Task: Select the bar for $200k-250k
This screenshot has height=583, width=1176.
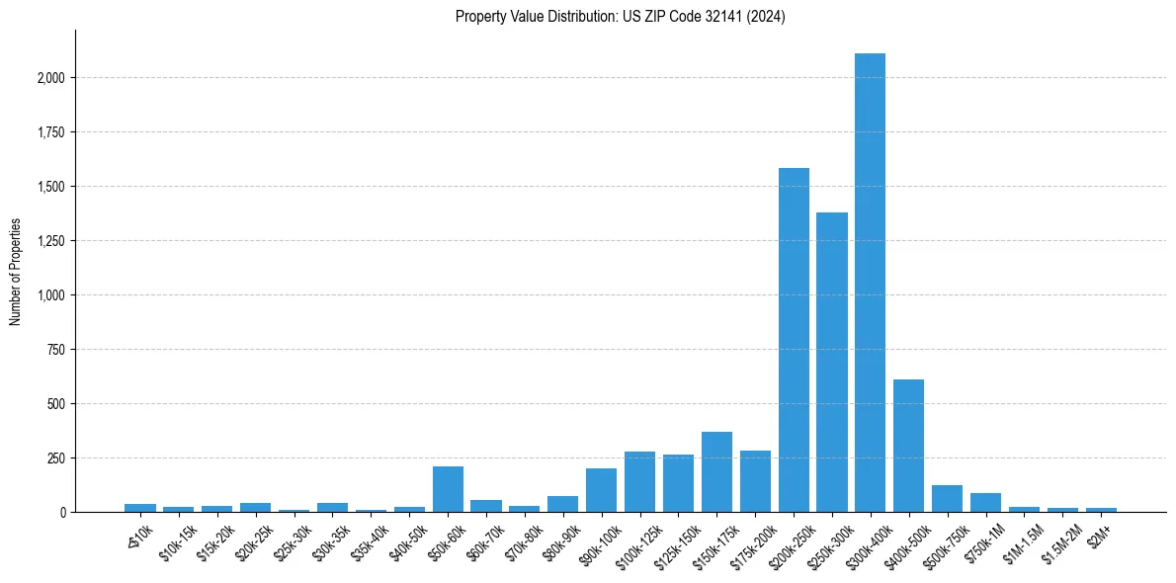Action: [794, 340]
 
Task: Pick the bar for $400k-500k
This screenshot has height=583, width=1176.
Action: [908, 446]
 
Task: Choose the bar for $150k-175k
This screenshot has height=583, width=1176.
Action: [716, 472]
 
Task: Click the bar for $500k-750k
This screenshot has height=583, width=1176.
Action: [947, 499]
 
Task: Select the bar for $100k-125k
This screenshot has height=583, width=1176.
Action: [639, 482]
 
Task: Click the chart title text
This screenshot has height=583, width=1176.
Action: [620, 17]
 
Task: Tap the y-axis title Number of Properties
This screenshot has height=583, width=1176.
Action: [16, 272]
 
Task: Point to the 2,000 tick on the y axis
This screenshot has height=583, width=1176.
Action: [51, 78]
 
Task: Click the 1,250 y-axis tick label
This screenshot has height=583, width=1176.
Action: [51, 241]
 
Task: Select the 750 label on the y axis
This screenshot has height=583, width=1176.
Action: [56, 350]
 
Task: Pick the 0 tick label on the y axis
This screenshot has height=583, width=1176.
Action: [61, 513]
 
